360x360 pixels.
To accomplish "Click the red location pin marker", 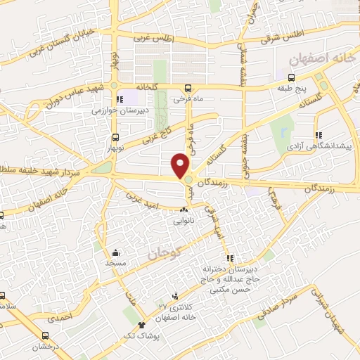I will (x=181, y=165).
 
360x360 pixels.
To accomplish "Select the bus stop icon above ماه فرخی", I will (x=188, y=88).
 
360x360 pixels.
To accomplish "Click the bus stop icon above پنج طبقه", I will (x=292, y=77).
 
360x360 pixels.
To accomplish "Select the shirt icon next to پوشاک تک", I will (x=142, y=325).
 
